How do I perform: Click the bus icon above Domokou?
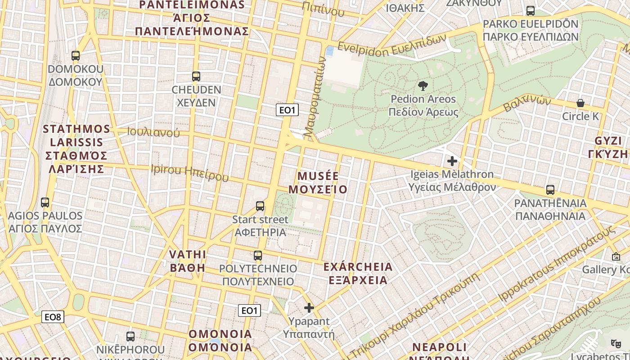pyautogui.click(x=76, y=56)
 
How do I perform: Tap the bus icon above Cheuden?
pyautogui.click(x=196, y=76)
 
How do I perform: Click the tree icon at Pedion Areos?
pyautogui.click(x=423, y=86)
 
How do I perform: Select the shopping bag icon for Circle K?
pyautogui.click(x=580, y=103)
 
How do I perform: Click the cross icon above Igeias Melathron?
pyautogui.click(x=452, y=161)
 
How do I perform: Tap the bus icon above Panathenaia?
pyautogui.click(x=550, y=190)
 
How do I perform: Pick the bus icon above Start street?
pyautogui.click(x=260, y=206)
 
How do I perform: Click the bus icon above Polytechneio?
pyautogui.click(x=258, y=256)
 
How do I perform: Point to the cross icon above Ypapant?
pyautogui.click(x=309, y=308)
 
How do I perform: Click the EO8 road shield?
pyautogui.click(x=53, y=317)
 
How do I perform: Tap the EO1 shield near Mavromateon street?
pyautogui.click(x=287, y=110)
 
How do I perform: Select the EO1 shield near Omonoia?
pyautogui.click(x=249, y=310)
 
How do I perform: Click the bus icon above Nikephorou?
pyautogui.click(x=130, y=336)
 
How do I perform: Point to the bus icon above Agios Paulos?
pyautogui.click(x=45, y=202)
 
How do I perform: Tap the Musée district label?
pyautogui.click(x=318, y=182)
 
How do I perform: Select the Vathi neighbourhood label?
pyautogui.click(x=188, y=261)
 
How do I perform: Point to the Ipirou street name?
pyautogui.click(x=189, y=173)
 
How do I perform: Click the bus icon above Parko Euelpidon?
pyautogui.click(x=531, y=11)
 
